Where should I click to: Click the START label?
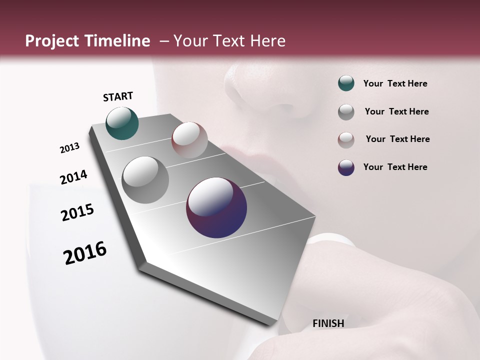(x=118, y=96)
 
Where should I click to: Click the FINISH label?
(x=328, y=323)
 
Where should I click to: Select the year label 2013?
(x=69, y=148)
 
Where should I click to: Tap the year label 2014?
(x=73, y=177)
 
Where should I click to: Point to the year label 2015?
(x=77, y=212)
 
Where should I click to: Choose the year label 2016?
(x=85, y=253)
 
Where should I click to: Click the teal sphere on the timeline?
(x=122, y=123)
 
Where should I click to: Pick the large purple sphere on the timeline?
(x=216, y=207)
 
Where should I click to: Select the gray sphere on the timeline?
(x=145, y=180)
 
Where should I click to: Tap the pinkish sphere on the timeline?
(x=189, y=140)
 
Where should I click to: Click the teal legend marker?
(x=346, y=83)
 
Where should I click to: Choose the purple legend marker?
(x=346, y=167)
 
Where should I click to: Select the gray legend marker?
(x=346, y=112)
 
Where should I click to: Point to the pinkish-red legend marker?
(x=346, y=140)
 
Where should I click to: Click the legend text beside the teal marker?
(x=395, y=83)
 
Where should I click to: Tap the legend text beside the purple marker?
(x=395, y=167)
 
